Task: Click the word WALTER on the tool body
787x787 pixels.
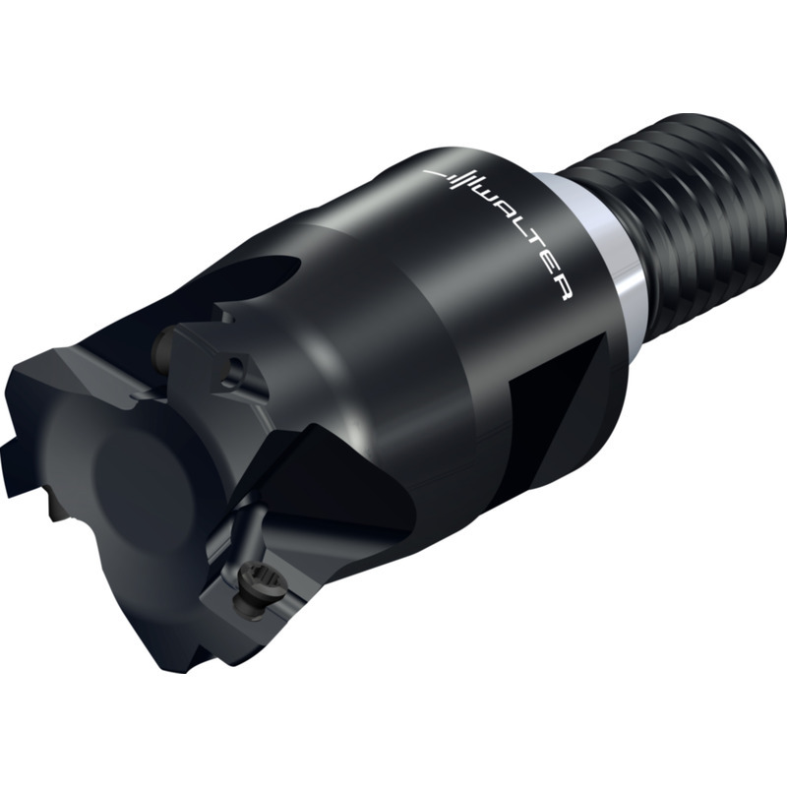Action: coord(527,242)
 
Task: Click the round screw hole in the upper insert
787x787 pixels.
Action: coord(234,373)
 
